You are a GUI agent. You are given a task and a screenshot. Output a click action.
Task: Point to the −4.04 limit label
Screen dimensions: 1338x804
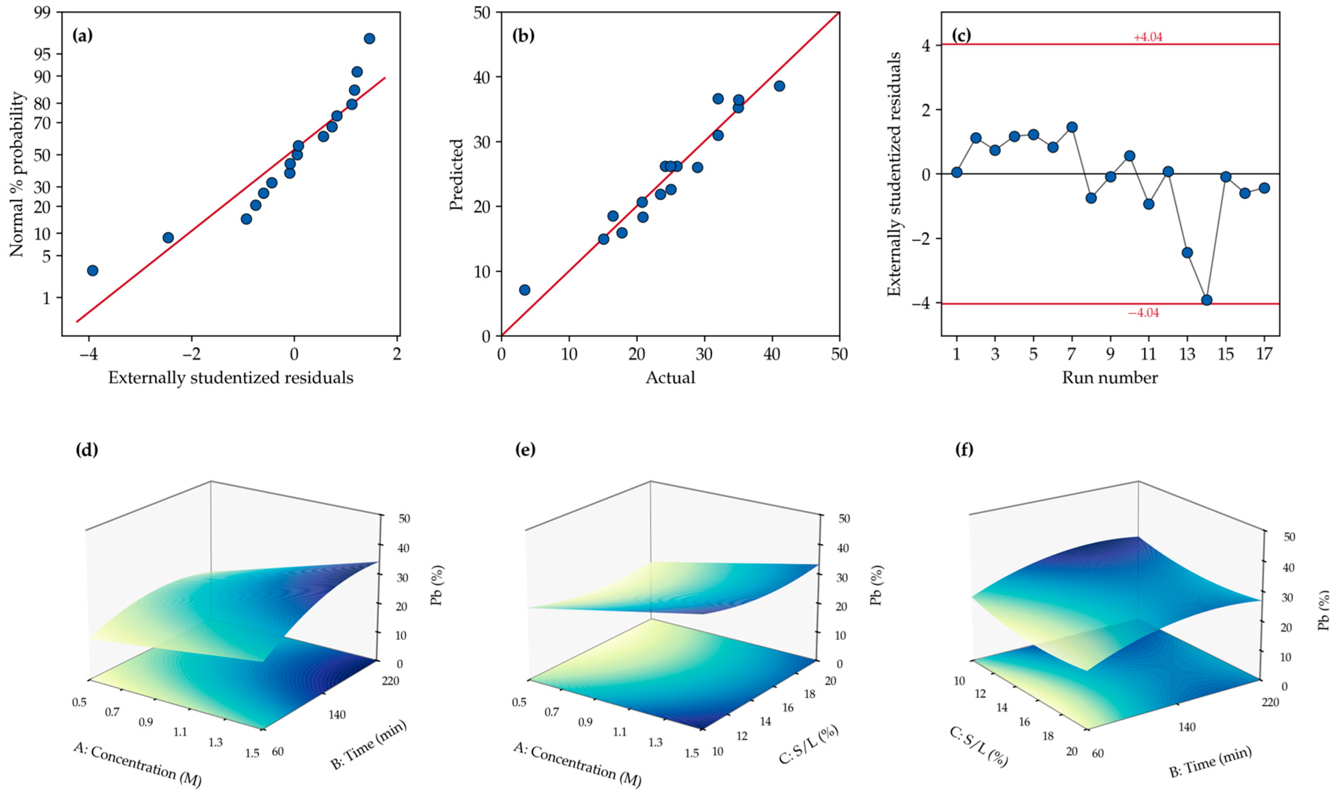[1143, 313]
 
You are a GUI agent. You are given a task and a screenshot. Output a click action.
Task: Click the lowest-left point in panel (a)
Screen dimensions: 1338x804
[93, 270]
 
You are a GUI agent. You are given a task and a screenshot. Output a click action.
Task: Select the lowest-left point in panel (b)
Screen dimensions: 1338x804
[524, 290]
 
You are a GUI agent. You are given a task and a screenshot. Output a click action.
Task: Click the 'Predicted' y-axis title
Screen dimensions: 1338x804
[457, 174]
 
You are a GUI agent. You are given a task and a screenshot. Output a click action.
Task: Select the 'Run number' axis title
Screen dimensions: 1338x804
[1110, 378]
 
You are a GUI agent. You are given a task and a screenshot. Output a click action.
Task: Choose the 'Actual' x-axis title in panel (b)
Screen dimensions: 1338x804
[670, 378]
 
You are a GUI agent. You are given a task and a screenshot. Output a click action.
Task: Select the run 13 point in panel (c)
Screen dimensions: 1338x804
[1187, 253]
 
